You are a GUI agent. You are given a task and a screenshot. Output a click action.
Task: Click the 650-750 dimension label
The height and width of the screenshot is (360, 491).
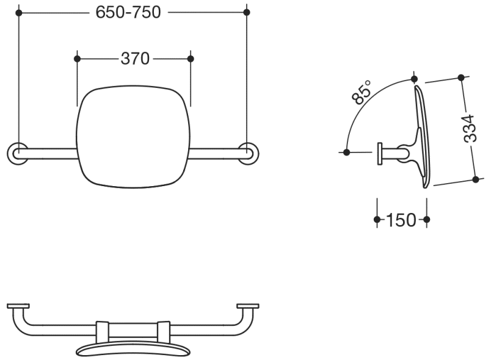click(x=128, y=13)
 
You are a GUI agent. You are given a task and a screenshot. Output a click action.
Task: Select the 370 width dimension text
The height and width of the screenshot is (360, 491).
click(x=135, y=59)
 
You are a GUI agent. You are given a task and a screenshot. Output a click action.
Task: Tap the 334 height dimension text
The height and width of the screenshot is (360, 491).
click(x=470, y=129)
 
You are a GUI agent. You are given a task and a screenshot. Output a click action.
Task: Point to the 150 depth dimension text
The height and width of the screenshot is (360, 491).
click(x=401, y=220)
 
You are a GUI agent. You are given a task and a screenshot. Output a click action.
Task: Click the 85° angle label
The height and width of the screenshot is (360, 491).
click(x=362, y=92)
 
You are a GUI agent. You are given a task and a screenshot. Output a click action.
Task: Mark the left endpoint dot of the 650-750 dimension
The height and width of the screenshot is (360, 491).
click(x=19, y=13)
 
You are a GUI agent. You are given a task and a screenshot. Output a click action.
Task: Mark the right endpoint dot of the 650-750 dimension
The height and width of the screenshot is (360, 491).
click(x=247, y=12)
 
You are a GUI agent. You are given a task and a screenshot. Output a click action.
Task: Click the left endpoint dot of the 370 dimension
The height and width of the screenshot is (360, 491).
click(x=78, y=59)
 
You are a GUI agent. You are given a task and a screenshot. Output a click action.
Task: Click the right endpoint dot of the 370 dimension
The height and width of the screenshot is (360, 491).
click(x=191, y=59)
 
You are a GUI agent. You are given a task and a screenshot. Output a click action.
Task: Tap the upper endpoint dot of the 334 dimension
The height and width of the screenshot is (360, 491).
click(x=461, y=77)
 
